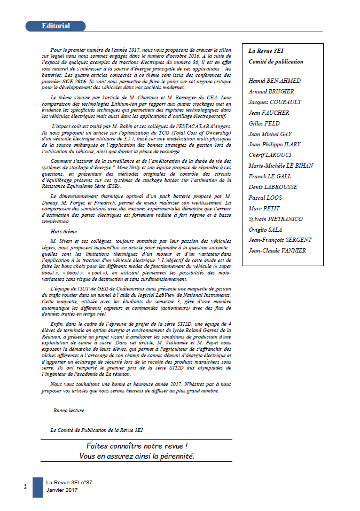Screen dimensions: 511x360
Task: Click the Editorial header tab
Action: (x=56, y=26)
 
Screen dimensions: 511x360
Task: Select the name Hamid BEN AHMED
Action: (x=275, y=81)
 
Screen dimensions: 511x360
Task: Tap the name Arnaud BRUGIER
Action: (x=271, y=92)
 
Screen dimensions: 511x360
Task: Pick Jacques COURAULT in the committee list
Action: (x=275, y=102)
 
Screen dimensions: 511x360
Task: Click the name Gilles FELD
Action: (x=264, y=123)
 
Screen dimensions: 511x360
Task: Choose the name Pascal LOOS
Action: (x=267, y=198)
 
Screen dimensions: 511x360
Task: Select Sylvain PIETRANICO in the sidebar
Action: (x=276, y=219)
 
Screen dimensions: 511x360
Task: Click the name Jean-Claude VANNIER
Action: (x=277, y=250)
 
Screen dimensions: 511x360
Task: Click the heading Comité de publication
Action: (x=276, y=61)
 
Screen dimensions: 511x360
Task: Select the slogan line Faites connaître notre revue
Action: (x=137, y=445)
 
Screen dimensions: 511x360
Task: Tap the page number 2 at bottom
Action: (x=25, y=486)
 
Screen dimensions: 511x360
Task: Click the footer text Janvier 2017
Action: (x=61, y=490)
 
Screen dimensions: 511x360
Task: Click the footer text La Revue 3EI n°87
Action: (x=69, y=482)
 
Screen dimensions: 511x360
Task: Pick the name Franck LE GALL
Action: (x=270, y=176)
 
